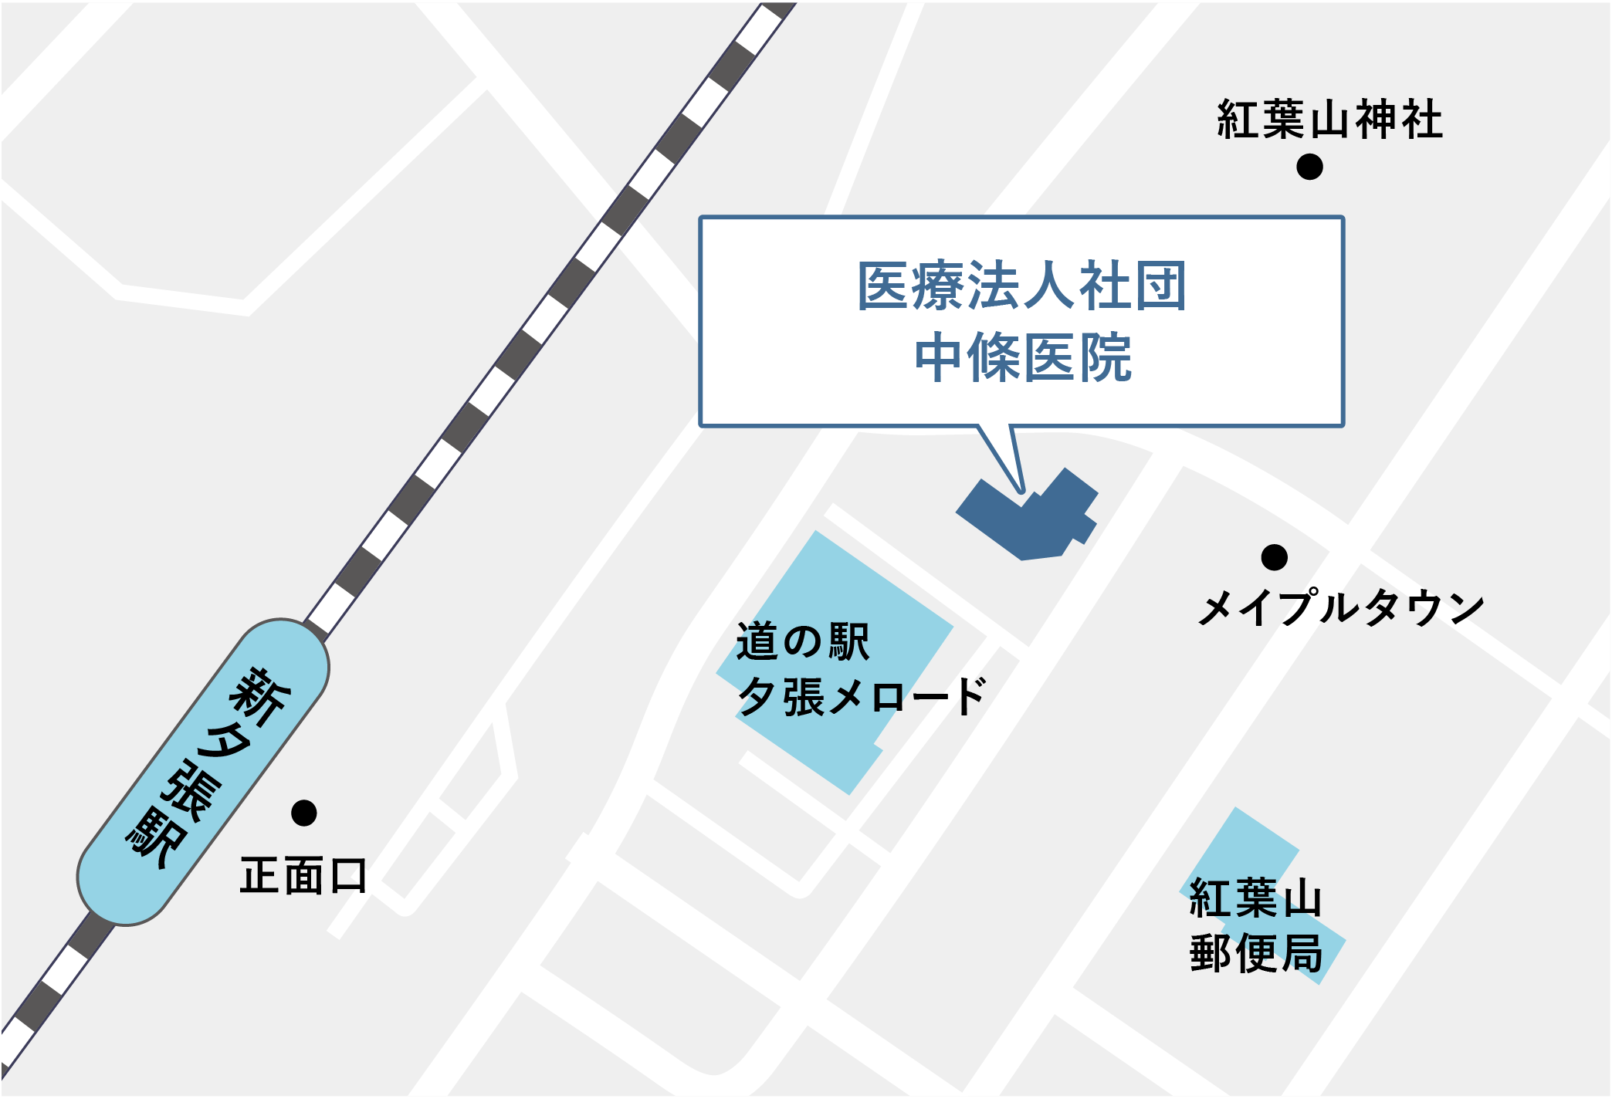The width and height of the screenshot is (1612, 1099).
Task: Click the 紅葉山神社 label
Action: [x=1329, y=120]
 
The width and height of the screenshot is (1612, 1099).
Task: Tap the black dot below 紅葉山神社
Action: [x=1309, y=166]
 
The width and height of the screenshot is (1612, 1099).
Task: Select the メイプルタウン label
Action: [x=1341, y=607]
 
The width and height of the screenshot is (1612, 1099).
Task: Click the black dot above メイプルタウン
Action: [x=1274, y=556]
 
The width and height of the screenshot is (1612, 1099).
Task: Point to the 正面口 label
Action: [x=303, y=876]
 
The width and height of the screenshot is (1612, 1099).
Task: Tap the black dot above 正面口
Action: [x=303, y=813]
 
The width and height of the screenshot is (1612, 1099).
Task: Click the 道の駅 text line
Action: [x=803, y=641]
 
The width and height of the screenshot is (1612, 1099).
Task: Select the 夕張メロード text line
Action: [x=861, y=697]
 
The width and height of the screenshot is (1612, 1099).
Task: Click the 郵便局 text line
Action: [x=1256, y=953]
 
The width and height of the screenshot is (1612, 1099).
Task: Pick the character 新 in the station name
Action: [x=260, y=697]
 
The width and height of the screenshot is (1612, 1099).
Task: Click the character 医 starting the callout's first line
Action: [x=885, y=286]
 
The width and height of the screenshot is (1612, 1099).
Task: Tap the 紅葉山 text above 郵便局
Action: [x=1256, y=898]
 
